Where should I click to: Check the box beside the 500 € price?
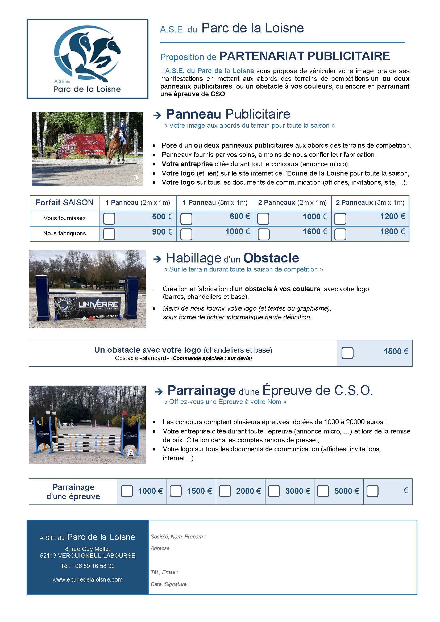click(109, 218)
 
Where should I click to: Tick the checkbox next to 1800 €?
click(340, 234)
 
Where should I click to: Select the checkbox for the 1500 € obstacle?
click(347, 353)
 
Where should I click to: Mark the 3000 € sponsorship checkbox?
click(274, 491)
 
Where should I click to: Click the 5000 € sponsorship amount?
click(346, 491)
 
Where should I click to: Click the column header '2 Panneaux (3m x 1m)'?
click(370, 203)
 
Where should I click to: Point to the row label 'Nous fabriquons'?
click(64, 233)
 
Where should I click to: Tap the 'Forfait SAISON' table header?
click(64, 203)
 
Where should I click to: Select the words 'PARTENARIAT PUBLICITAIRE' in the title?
click(304, 56)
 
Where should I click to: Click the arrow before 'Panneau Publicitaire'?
click(157, 116)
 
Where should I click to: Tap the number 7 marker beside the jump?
click(130, 452)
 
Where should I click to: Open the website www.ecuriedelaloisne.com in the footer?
click(88, 579)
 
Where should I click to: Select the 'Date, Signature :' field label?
click(170, 584)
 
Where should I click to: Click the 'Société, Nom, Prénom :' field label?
click(178, 537)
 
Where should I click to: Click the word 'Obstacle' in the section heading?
click(271, 258)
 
